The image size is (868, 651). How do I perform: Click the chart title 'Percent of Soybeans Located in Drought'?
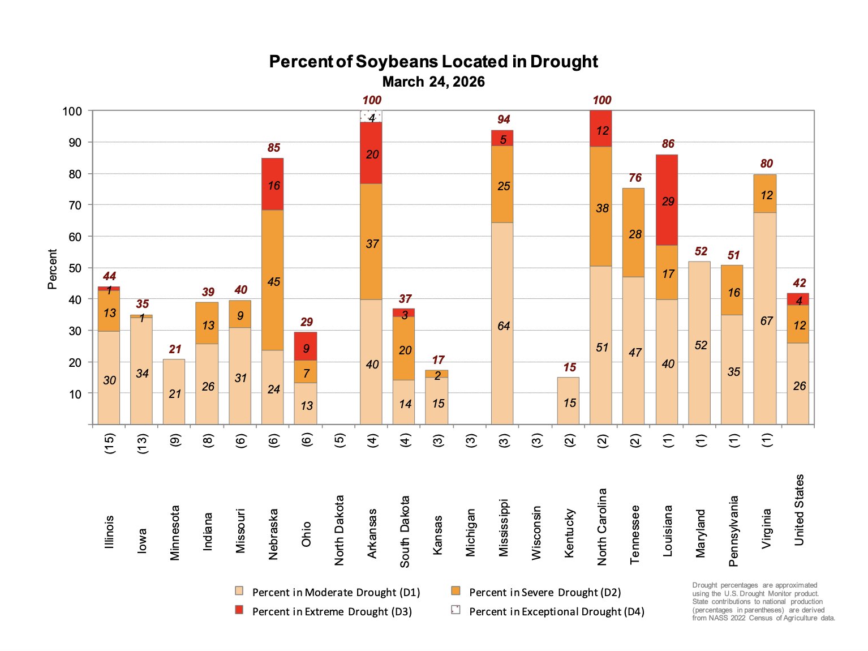pyautogui.click(x=433, y=61)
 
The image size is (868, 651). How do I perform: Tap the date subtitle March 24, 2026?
pyautogui.click(x=433, y=82)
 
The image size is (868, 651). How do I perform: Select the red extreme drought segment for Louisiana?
pyautogui.click(x=667, y=200)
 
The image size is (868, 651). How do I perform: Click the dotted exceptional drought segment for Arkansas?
pyautogui.click(x=371, y=116)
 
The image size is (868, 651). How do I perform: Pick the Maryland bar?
pyautogui.click(x=700, y=342)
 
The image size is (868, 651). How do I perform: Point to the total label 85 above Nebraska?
pyautogui.click(x=274, y=148)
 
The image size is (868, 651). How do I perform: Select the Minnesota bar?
pyautogui.click(x=174, y=392)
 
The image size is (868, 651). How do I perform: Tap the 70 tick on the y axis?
pyautogui.click(x=75, y=205)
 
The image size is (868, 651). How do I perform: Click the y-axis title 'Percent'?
pyautogui.click(x=53, y=269)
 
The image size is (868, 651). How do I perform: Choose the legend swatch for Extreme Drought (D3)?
pyautogui.click(x=239, y=610)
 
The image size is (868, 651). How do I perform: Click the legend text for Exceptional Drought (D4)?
pyautogui.click(x=556, y=612)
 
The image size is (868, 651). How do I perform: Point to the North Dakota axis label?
pyautogui.click(x=340, y=530)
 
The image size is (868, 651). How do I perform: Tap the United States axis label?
pyautogui.click(x=799, y=510)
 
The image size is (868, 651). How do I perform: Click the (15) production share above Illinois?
pyautogui.click(x=109, y=441)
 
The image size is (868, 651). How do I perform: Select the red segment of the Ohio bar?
pyautogui.click(x=306, y=346)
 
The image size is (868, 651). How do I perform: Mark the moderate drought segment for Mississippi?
pyautogui.click(x=502, y=324)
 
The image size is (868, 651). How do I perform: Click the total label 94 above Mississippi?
pyautogui.click(x=503, y=119)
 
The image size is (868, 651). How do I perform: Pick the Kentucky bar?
pyautogui.click(x=568, y=401)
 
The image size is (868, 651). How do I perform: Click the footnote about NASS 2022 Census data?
pyautogui.click(x=763, y=601)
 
